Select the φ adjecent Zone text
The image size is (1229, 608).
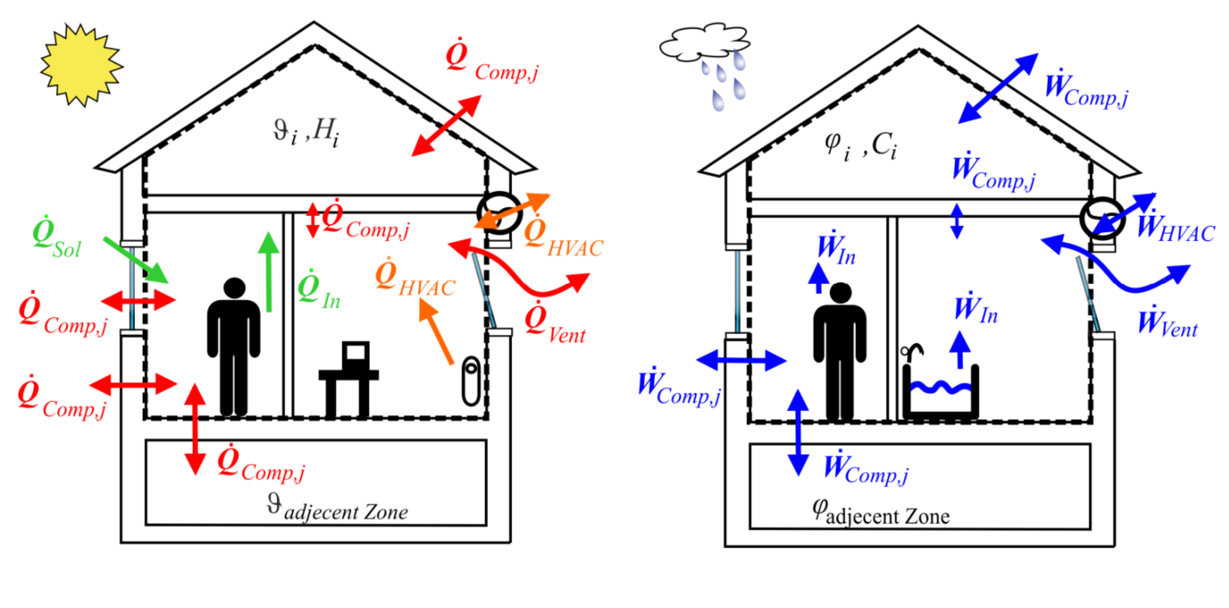880,514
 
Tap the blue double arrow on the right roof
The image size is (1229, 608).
998,88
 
